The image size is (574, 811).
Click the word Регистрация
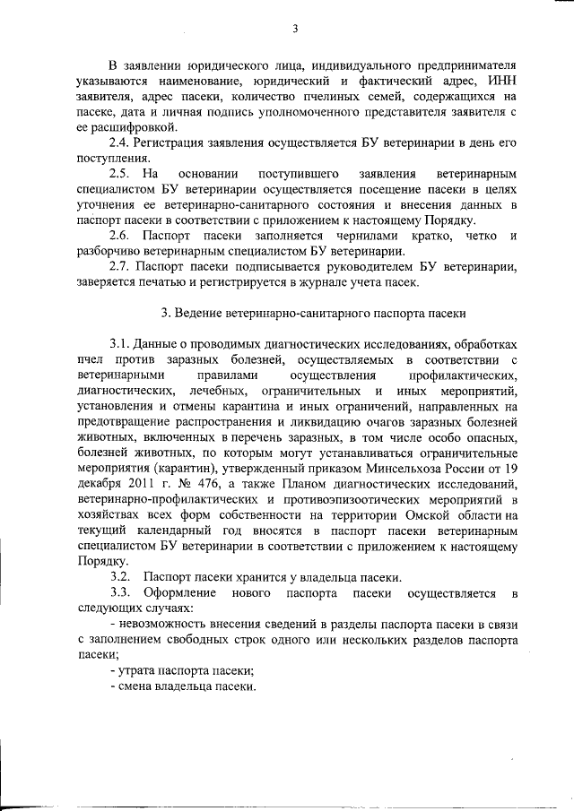[171, 143]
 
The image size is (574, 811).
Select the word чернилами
[360, 236]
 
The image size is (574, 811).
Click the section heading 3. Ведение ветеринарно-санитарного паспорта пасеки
[313, 313]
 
